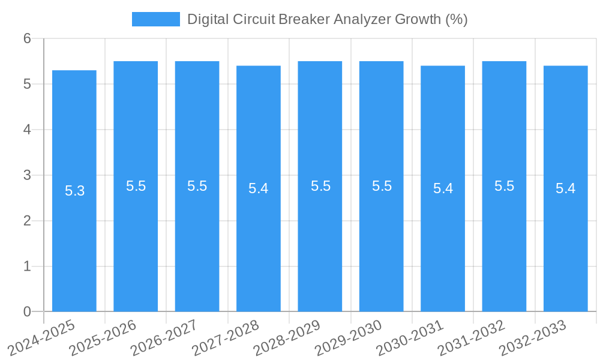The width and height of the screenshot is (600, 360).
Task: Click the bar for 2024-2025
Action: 74,240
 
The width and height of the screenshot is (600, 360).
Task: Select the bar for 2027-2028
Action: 259,240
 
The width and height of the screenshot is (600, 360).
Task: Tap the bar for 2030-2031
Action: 443,240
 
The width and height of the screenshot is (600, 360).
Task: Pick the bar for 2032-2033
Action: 565,240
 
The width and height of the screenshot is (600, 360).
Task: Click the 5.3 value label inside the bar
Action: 75,191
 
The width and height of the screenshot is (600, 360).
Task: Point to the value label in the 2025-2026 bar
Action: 136,186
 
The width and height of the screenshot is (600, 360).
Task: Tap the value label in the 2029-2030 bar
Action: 382,186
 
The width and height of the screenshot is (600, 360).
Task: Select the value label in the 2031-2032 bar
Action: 504,186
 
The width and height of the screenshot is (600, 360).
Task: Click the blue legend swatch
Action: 155,19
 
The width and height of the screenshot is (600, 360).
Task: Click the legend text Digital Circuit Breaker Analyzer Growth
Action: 327,19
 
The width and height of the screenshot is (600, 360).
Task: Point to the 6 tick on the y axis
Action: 27,38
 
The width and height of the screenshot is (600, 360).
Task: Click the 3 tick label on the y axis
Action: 27,175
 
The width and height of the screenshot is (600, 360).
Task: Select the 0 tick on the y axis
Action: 27,311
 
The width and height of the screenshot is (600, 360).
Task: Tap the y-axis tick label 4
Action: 27,130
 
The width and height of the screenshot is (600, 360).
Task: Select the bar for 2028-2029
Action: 320,240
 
